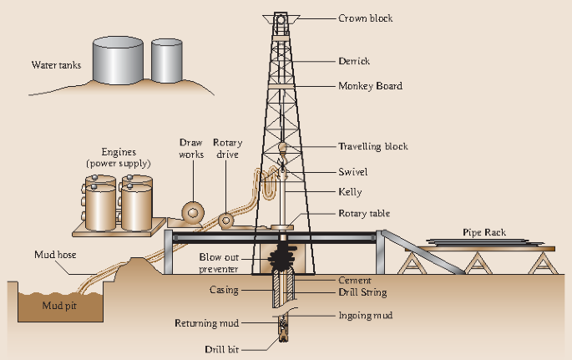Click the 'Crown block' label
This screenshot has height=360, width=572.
(x=367, y=18)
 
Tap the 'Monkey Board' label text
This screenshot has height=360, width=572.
(x=371, y=86)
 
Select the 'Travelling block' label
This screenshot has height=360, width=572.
(x=372, y=147)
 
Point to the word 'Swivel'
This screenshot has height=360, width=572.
(x=353, y=172)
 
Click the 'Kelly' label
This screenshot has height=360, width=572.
(x=350, y=192)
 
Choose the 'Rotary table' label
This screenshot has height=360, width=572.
(x=364, y=213)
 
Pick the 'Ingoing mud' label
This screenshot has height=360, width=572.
(x=365, y=316)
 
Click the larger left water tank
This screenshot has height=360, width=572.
(x=119, y=58)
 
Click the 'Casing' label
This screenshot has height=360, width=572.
(x=224, y=291)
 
